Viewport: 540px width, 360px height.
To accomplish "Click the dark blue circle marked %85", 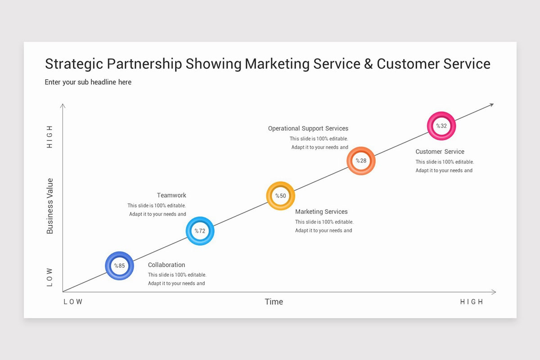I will [119, 265].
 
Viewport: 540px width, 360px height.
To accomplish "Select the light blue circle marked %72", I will [200, 231].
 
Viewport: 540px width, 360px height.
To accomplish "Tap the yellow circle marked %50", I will [280, 196].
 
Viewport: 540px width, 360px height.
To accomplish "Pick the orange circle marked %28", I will [361, 161].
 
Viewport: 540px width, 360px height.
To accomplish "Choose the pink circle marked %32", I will [441, 126].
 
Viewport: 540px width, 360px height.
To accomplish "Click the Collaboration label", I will [166, 265].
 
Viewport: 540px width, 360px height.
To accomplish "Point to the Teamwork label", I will [171, 195].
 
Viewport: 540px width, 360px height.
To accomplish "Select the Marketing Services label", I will [321, 211].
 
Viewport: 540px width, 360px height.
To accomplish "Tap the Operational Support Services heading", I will [308, 129].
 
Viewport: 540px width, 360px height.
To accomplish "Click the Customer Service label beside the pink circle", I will [440, 152].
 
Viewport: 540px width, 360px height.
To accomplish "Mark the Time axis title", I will [274, 301].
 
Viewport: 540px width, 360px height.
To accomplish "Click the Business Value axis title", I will [50, 206].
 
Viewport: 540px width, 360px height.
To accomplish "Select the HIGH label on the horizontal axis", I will [472, 302].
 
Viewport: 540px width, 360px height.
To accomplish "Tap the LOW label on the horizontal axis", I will [73, 302].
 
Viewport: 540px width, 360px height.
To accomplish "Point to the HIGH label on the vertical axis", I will [50, 137].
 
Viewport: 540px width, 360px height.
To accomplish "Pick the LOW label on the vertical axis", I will [50, 278].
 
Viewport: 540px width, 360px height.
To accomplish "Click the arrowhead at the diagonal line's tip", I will [491, 105].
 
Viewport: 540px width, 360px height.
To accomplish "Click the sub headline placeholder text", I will [88, 82].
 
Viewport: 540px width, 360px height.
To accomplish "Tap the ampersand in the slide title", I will [369, 64].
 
